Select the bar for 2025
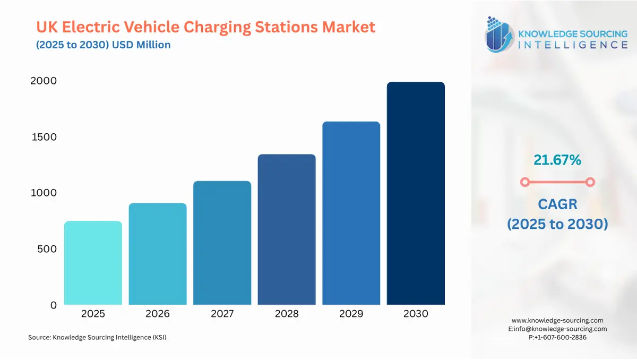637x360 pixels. (93, 263)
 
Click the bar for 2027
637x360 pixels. (222, 243)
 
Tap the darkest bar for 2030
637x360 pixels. (416, 193)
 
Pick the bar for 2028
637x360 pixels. (287, 229)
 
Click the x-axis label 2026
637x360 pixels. (158, 314)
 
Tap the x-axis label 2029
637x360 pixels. (351, 314)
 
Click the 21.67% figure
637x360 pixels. (557, 159)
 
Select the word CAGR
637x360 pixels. (557, 203)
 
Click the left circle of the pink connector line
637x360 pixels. (524, 182)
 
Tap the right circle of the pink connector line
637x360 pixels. (590, 182)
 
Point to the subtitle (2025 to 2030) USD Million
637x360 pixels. (104, 45)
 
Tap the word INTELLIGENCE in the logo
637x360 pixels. (572, 45)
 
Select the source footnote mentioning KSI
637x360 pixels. (101, 337)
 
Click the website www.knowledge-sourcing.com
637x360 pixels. (557, 320)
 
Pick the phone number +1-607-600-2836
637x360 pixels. (557, 337)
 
